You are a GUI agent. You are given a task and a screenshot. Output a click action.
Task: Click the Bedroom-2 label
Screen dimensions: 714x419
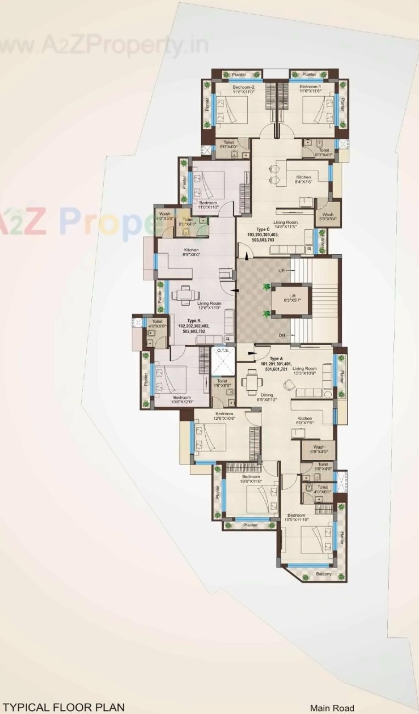click(x=243, y=87)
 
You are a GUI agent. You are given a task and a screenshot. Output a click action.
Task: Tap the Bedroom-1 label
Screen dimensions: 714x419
click(x=310, y=87)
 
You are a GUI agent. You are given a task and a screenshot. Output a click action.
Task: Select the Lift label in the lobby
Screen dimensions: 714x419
click(x=293, y=296)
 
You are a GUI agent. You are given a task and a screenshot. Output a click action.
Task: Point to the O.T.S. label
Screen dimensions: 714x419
click(x=223, y=350)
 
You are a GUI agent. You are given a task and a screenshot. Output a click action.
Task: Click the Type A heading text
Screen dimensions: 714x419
click(x=276, y=359)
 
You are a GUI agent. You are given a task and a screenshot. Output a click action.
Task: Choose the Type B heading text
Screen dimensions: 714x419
click(x=194, y=321)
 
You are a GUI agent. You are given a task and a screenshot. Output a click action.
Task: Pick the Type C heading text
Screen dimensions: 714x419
click(x=263, y=229)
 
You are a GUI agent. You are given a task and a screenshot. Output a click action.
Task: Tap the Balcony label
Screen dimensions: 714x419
click(x=323, y=574)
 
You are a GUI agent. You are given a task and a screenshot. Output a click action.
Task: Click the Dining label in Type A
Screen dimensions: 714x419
click(x=266, y=395)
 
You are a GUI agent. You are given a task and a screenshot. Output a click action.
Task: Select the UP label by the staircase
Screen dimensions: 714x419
click(x=282, y=271)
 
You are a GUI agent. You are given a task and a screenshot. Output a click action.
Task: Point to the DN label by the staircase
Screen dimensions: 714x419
click(x=282, y=335)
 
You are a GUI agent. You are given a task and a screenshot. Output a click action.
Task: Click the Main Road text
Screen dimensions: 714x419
click(x=332, y=708)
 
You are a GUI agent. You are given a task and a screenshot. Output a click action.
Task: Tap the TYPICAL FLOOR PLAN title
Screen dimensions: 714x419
click(x=63, y=707)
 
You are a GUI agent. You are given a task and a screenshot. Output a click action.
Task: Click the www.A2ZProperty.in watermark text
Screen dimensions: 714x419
click(x=103, y=46)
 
